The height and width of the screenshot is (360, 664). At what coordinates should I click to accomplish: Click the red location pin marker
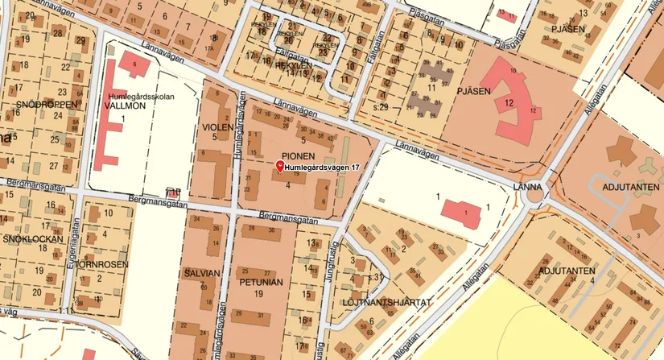coord(280,166)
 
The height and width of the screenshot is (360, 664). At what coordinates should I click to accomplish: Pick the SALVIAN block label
coord(201,273)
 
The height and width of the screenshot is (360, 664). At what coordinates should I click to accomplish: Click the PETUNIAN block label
coord(262,283)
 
